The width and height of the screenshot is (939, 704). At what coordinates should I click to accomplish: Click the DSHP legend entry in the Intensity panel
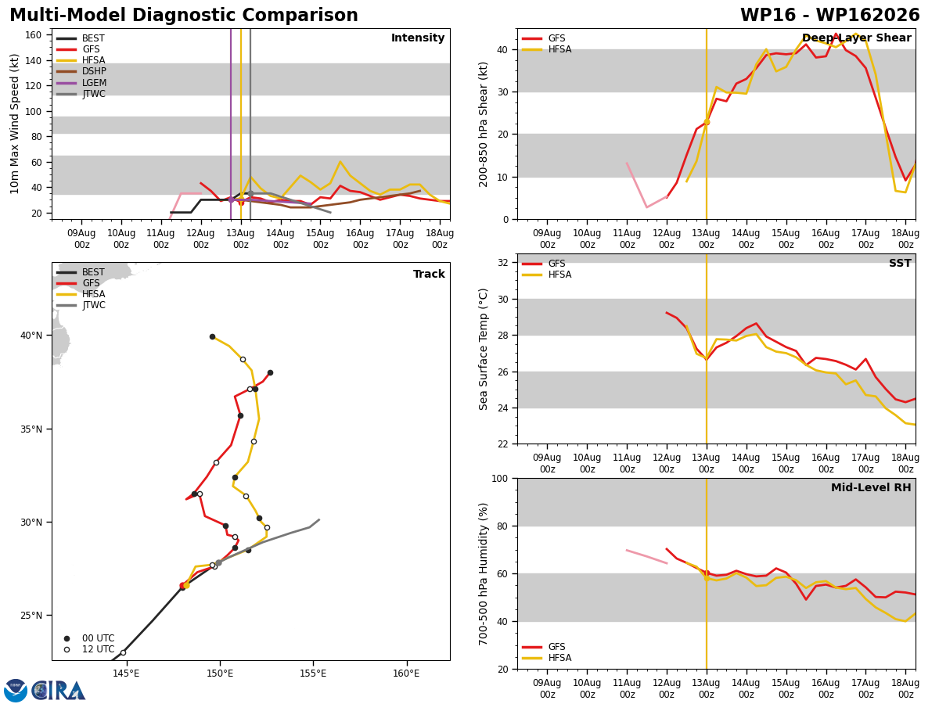81,71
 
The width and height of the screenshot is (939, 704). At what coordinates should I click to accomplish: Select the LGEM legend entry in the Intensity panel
81,82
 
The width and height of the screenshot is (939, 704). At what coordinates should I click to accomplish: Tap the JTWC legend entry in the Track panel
81,305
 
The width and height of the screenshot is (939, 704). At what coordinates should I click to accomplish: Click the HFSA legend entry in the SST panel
547,275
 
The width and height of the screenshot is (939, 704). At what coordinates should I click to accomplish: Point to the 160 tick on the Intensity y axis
33,35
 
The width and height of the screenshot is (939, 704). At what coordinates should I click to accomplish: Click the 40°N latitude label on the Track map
31,336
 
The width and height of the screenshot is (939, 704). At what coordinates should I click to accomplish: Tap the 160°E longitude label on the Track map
406,673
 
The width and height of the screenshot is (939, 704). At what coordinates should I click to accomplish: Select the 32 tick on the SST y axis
502,263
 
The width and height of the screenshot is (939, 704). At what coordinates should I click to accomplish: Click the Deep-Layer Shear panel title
856,38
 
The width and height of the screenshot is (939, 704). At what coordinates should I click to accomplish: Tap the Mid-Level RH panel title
871,487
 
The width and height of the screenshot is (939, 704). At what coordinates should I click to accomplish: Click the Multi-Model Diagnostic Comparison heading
184,16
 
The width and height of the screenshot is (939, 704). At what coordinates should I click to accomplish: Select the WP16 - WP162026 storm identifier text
830,16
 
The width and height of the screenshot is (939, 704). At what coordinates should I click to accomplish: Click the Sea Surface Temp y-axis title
483,349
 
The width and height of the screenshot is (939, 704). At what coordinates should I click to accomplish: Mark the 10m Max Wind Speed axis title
14,124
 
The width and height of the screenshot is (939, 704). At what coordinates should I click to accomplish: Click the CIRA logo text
58,690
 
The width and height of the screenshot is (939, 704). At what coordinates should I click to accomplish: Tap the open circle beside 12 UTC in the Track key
67,650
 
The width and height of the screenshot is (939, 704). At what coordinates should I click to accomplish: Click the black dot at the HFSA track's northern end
212,337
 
